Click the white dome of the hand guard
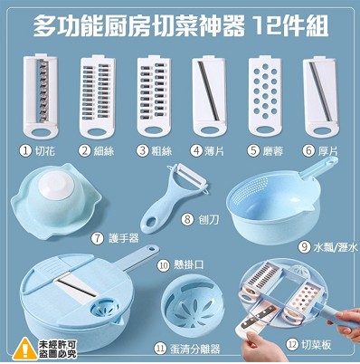pos(56,186)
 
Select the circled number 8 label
pos(187,219)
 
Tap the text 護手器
pos(124,238)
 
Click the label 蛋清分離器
pos(194,349)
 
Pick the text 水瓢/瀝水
pos(336,247)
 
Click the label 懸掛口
pos(189,265)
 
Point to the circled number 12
pos(291,344)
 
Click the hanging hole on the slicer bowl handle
pos(152,250)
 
